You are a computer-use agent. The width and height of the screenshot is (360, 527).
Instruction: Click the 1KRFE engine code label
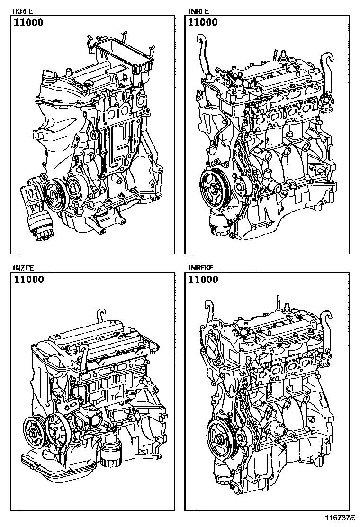click(x=23, y=11)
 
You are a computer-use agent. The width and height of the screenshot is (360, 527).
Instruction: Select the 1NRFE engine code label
click(x=198, y=11)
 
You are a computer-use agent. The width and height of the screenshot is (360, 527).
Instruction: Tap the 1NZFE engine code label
click(x=23, y=268)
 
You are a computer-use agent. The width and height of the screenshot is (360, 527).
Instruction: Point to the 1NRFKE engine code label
click(x=200, y=268)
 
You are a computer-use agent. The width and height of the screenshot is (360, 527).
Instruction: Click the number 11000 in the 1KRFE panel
click(x=28, y=23)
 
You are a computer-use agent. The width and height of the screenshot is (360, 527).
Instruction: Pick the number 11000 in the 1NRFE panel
click(x=203, y=23)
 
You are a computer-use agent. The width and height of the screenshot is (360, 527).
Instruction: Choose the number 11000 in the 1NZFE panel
click(x=28, y=279)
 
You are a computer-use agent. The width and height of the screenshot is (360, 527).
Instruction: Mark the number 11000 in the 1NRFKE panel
click(x=203, y=279)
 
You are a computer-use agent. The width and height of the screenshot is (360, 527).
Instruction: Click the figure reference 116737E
click(x=339, y=517)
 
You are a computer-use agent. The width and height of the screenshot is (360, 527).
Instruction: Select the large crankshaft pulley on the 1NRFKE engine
click(x=220, y=436)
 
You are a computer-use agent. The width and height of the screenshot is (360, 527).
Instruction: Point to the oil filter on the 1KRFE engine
click(x=40, y=228)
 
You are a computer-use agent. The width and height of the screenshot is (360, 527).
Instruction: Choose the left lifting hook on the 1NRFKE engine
click(x=209, y=313)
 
